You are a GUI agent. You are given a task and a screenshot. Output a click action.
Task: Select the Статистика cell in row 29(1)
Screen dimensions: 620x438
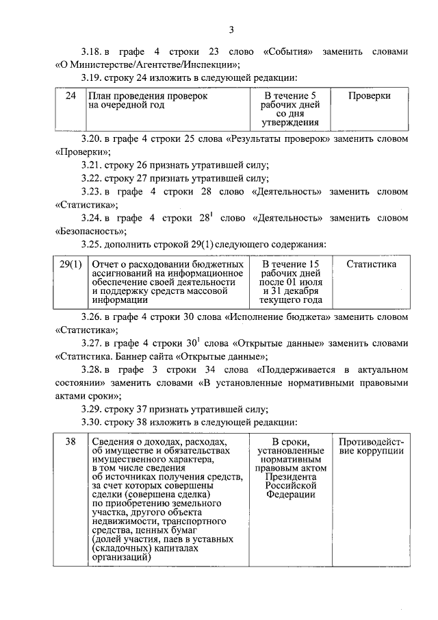[371, 264]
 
